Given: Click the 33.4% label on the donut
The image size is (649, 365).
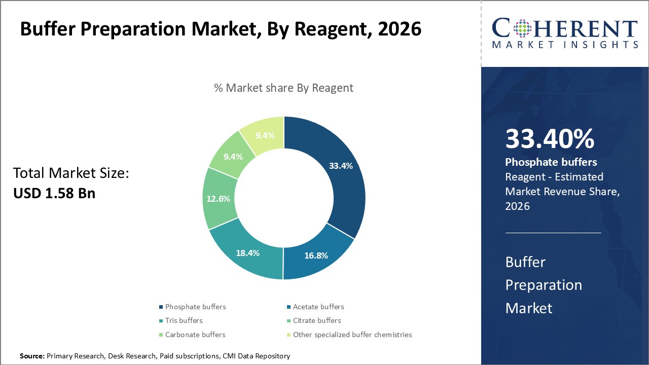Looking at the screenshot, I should pyautogui.click(x=340, y=166).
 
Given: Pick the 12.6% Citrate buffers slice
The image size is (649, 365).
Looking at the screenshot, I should pyautogui.click(x=218, y=199).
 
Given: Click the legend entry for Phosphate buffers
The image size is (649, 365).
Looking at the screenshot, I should pyautogui.click(x=195, y=307).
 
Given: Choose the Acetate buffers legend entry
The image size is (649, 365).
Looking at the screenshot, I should pyautogui.click(x=318, y=307).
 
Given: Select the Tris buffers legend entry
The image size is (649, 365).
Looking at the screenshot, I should pyautogui.click(x=184, y=320).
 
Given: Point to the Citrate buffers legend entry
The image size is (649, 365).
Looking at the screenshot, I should pyautogui.click(x=316, y=320).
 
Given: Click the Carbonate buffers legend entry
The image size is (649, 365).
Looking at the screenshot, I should pyautogui.click(x=195, y=335).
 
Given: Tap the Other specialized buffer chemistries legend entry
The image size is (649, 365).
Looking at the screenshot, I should pyautogui.click(x=352, y=335).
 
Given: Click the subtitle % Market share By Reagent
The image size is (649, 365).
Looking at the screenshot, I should pyautogui.click(x=283, y=88).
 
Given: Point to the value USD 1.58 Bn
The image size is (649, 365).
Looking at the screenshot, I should pyautogui.click(x=54, y=193).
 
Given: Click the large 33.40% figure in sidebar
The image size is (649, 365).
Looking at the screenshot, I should pyautogui.click(x=550, y=139).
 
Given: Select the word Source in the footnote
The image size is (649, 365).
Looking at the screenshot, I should pyautogui.click(x=32, y=356).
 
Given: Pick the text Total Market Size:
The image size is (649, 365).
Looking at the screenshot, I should pyautogui.click(x=71, y=173).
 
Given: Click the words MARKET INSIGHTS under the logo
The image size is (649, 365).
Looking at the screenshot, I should pyautogui.click(x=565, y=45).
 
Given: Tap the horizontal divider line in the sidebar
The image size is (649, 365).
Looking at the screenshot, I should pyautogui.click(x=553, y=233).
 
